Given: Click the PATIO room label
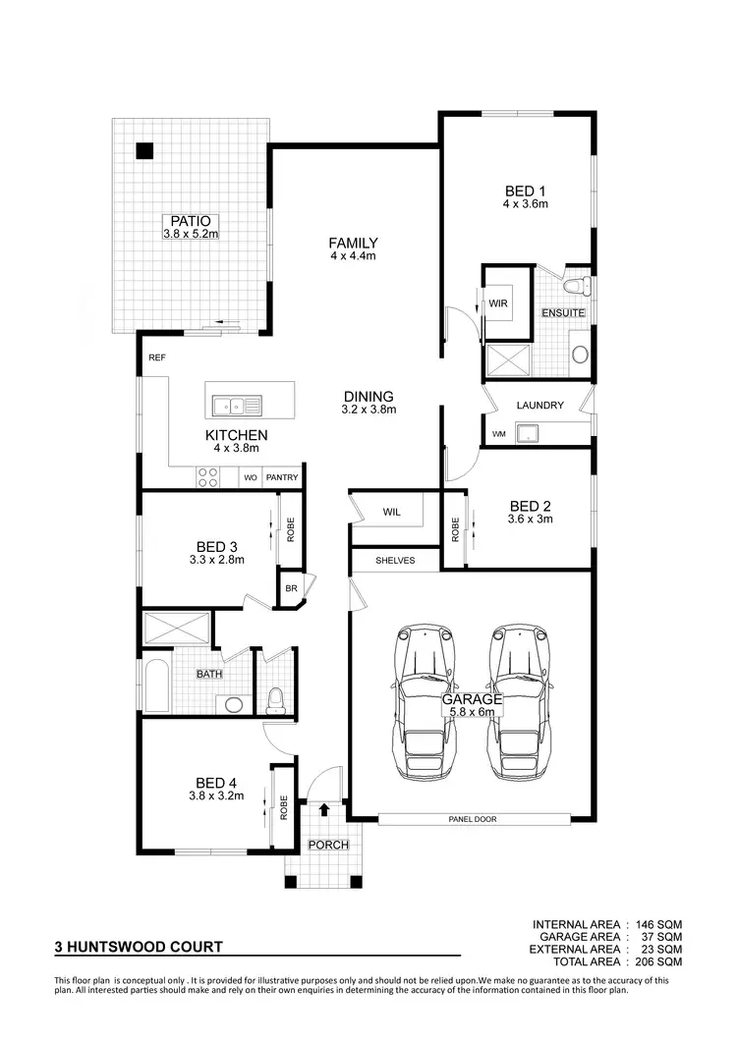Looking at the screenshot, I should coord(190,221).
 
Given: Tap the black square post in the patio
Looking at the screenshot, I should coord(144,150).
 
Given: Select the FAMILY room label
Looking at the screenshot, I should coord(353,243).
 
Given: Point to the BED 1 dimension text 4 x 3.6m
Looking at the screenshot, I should coord(525,204).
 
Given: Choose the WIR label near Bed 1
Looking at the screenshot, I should coord(498,303).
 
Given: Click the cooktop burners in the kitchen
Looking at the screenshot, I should coord(208,477).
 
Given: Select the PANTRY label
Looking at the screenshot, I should coord(281,478).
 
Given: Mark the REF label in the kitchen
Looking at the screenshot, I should coord(157,358).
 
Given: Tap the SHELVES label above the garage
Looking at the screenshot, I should coord(395,561).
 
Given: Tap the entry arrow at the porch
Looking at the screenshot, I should coord(323,809).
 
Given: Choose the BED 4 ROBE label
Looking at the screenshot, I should coord(284,807).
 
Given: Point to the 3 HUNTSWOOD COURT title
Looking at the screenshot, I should coord(138,947).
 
